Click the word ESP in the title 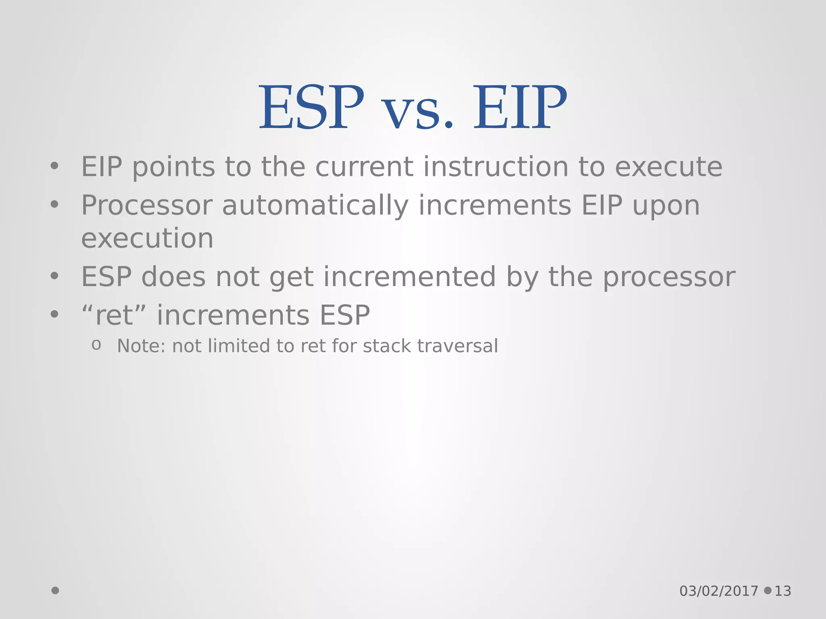311,108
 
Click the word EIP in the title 519,108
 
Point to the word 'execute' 668,167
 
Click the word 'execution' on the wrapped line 147,239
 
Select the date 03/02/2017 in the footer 719,591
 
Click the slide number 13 783,591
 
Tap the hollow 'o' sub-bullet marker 96,345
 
